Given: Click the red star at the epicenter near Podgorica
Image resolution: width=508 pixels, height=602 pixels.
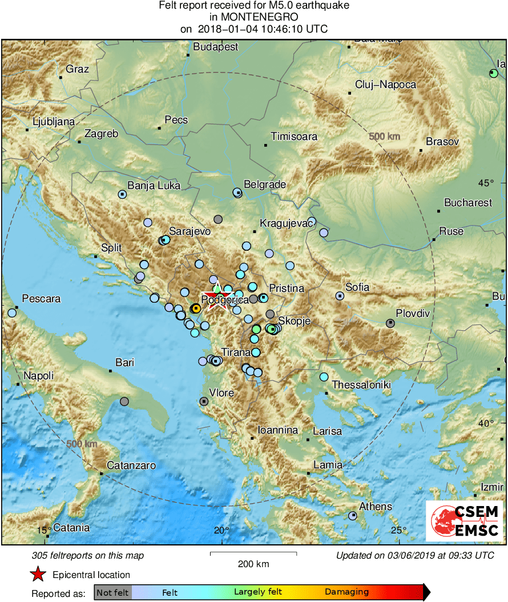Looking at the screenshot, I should pos(217,299).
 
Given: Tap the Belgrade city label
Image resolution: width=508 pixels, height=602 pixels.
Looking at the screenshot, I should pos(264,184).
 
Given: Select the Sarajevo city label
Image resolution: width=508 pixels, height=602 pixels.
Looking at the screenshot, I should pos(190,231).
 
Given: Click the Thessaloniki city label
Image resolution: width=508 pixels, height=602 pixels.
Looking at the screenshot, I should pos(361,385).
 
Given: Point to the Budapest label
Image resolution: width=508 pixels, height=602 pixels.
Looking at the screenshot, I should pos(215,47).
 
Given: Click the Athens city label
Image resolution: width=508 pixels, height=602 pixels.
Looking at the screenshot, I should pos(375,506).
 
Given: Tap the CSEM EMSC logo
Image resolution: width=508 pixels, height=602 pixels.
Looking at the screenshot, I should pos(464,521).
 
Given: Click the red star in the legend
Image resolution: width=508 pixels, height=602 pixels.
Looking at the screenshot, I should pos(38,574).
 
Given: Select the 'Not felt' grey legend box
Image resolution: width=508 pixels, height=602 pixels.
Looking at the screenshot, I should pos(112,592).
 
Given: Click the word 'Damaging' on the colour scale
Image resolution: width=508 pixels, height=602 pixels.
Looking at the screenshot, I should pos(346,592).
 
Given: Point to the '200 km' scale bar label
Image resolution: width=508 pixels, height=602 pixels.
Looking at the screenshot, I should pos(253,564).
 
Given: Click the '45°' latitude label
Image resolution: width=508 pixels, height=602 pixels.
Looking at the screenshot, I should pos(486,183).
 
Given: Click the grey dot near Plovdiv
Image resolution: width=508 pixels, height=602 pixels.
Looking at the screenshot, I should pos(390,323).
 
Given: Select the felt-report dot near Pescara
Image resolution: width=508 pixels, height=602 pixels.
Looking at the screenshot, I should pos(12,312).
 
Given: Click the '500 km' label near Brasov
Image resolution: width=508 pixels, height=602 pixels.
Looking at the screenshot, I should pos(384,137).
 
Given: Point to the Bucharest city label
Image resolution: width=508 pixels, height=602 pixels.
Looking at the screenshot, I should pos(467,202).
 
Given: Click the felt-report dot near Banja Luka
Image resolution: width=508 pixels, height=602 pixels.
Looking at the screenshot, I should pos(122,194).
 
